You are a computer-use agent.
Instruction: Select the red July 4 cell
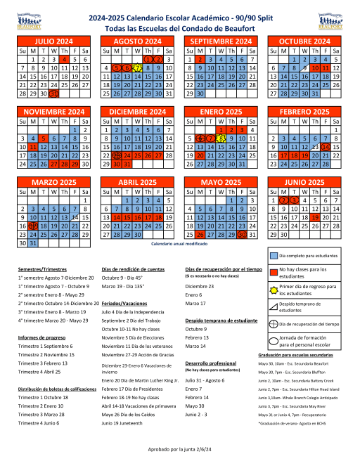65,60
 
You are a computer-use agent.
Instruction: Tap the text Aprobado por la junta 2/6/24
180,448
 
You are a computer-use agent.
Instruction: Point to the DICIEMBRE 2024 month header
138,112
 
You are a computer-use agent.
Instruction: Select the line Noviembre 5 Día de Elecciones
131,338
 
